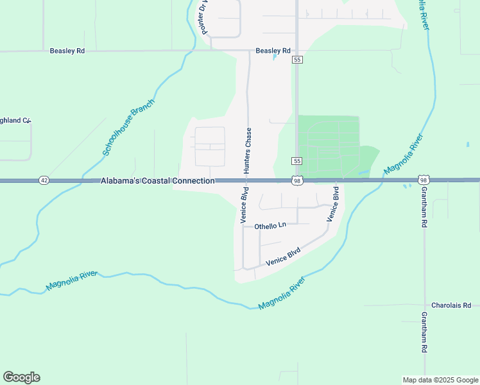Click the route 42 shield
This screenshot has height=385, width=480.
click(x=43, y=181)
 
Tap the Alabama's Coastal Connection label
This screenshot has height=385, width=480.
click(x=157, y=182)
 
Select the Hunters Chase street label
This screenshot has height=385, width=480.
click(x=247, y=150)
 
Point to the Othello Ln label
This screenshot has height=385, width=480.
click(x=270, y=226)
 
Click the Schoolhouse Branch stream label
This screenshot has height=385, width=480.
click(x=129, y=127)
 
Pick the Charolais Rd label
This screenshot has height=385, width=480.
click(x=451, y=305)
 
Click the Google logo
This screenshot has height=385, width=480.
click(x=21, y=377)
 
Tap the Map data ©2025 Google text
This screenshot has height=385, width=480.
click(x=441, y=380)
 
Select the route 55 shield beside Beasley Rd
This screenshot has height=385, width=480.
click(x=297, y=60)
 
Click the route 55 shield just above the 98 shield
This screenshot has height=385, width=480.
click(x=296, y=160)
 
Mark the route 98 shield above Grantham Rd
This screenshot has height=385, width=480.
click(x=423, y=180)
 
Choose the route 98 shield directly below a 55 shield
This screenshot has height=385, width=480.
click(x=296, y=181)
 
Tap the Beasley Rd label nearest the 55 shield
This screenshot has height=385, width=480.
click(x=273, y=50)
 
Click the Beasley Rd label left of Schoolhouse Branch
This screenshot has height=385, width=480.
click(x=67, y=50)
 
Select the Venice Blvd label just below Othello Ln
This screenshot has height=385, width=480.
click(x=283, y=257)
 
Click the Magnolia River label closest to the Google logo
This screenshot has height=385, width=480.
click(x=72, y=280)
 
